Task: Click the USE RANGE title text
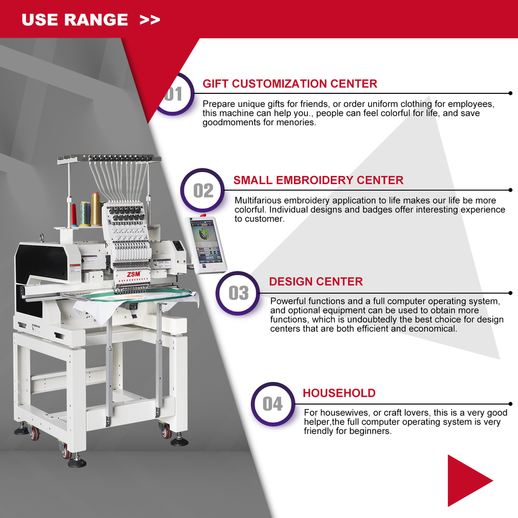(x=74, y=20)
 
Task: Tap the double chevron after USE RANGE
(x=149, y=20)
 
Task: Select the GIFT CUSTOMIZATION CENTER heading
(x=290, y=84)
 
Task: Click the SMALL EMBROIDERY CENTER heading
(x=318, y=180)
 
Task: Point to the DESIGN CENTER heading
(x=316, y=282)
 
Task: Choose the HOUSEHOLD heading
(x=339, y=393)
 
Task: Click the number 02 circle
(x=202, y=190)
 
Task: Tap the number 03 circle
(x=238, y=293)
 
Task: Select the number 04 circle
(x=273, y=404)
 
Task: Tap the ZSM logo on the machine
(x=134, y=274)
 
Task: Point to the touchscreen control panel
(x=206, y=245)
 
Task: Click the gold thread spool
(x=96, y=209)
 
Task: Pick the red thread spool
(x=74, y=215)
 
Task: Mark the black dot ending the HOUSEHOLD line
(x=510, y=404)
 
